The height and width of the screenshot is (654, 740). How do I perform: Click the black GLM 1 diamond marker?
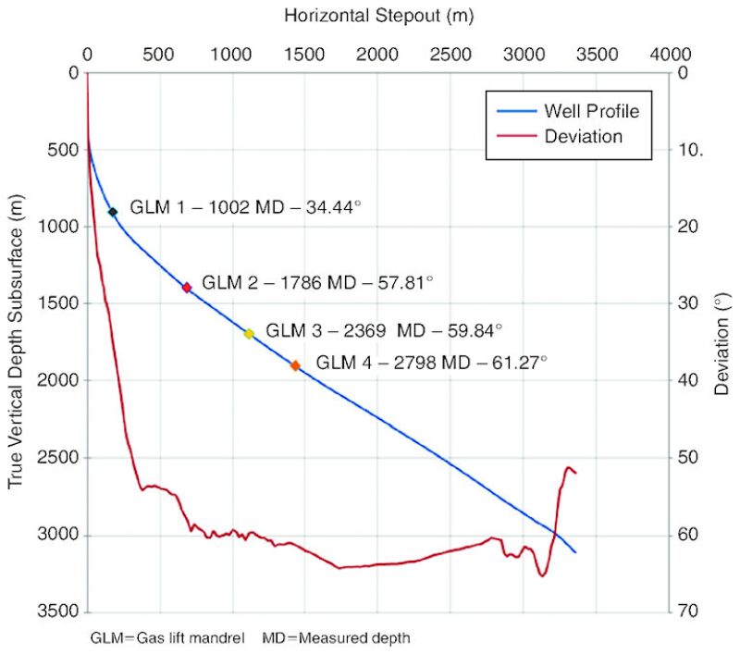pos(113,212)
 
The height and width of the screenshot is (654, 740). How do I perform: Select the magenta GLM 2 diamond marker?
pos(187,288)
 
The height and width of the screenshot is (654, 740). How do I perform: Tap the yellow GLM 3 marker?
pos(249,333)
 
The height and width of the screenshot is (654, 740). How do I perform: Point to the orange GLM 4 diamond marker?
pos(295,365)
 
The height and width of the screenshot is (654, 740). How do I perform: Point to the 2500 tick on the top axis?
pos(450,54)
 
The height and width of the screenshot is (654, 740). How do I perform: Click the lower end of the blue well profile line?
pos(575,552)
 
